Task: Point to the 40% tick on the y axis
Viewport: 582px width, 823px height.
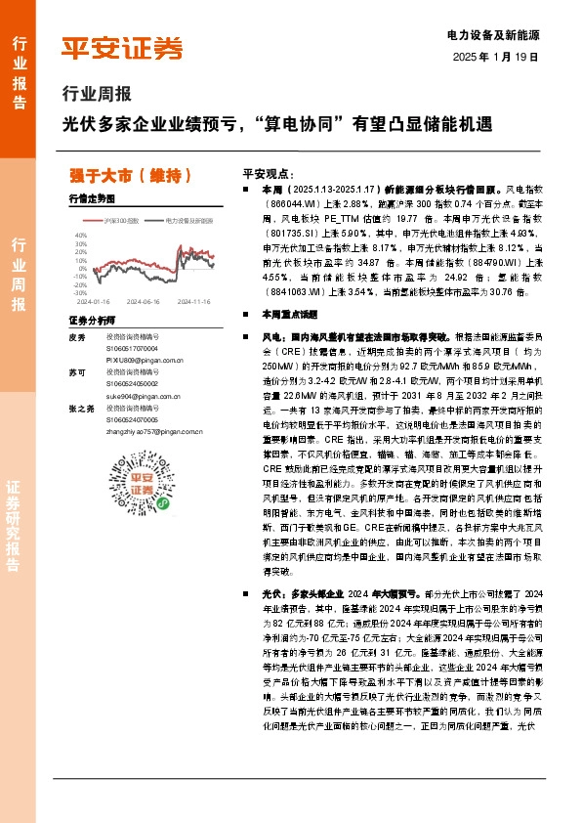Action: [x=81, y=235]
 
